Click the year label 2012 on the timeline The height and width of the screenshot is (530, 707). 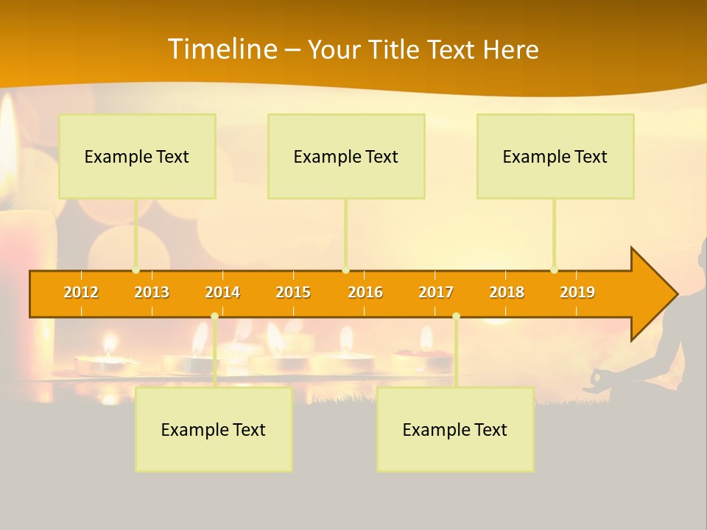(x=81, y=292)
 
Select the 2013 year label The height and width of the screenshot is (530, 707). (x=152, y=292)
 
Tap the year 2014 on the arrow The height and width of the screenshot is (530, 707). (x=222, y=292)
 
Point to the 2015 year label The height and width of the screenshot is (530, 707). (x=293, y=292)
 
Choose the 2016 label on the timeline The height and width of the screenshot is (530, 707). (x=365, y=292)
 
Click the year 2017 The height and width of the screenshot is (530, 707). (x=436, y=292)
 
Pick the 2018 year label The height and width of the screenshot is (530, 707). (x=507, y=292)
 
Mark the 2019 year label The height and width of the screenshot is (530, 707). (x=577, y=292)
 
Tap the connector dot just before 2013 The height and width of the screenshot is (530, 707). (x=136, y=270)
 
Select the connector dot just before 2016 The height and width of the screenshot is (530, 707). (x=345, y=270)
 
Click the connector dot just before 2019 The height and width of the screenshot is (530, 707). (x=554, y=270)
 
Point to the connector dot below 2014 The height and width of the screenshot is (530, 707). (x=214, y=317)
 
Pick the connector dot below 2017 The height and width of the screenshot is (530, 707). (x=456, y=317)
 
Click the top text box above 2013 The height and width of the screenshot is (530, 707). (x=137, y=156)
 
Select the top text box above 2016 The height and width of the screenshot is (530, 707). (x=346, y=156)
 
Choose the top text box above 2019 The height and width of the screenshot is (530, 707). (x=555, y=156)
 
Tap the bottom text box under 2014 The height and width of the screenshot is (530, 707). (x=214, y=429)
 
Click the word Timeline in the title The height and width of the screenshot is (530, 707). (x=222, y=49)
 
